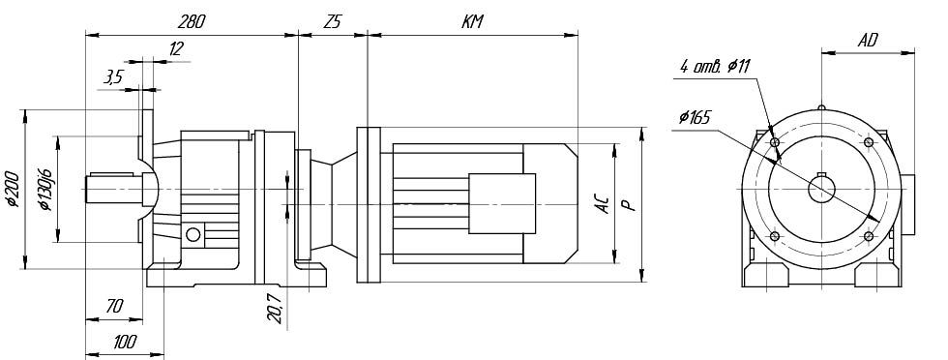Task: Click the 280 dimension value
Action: coord(192,22)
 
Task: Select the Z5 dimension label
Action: coord(333,22)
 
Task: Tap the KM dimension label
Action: coord(473,22)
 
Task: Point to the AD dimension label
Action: coord(869,41)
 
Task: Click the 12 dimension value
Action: coord(176,49)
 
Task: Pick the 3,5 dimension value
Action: coord(113,76)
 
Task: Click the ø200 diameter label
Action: coord(14,189)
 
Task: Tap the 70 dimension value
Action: coord(114,307)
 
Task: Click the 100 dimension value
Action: coord(125,342)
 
